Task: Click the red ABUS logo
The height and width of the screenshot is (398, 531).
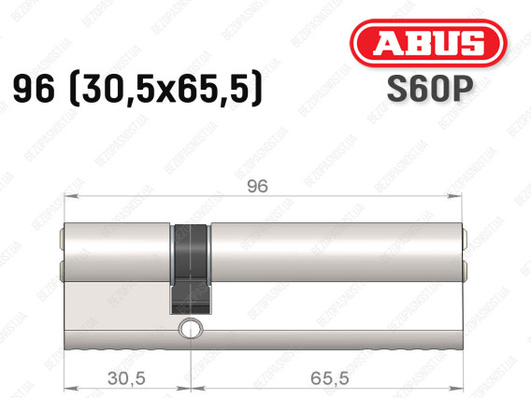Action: pyautogui.click(x=428, y=43)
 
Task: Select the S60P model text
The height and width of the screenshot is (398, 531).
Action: pyautogui.click(x=430, y=89)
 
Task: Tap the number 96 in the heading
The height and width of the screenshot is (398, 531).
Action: pyautogui.click(x=34, y=89)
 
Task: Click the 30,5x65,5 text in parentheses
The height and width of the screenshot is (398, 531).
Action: pyautogui.click(x=165, y=89)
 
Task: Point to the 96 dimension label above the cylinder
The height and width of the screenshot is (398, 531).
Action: pyautogui.click(x=257, y=187)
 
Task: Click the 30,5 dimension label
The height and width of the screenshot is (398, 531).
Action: pyautogui.click(x=126, y=377)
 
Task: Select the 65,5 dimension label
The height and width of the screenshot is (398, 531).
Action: pyautogui.click(x=329, y=377)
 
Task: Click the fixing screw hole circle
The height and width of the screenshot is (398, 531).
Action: pyautogui.click(x=191, y=328)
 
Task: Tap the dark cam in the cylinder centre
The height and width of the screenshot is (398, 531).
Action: pyautogui.click(x=191, y=269)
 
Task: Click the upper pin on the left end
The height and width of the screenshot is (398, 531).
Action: pyautogui.click(x=62, y=239)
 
